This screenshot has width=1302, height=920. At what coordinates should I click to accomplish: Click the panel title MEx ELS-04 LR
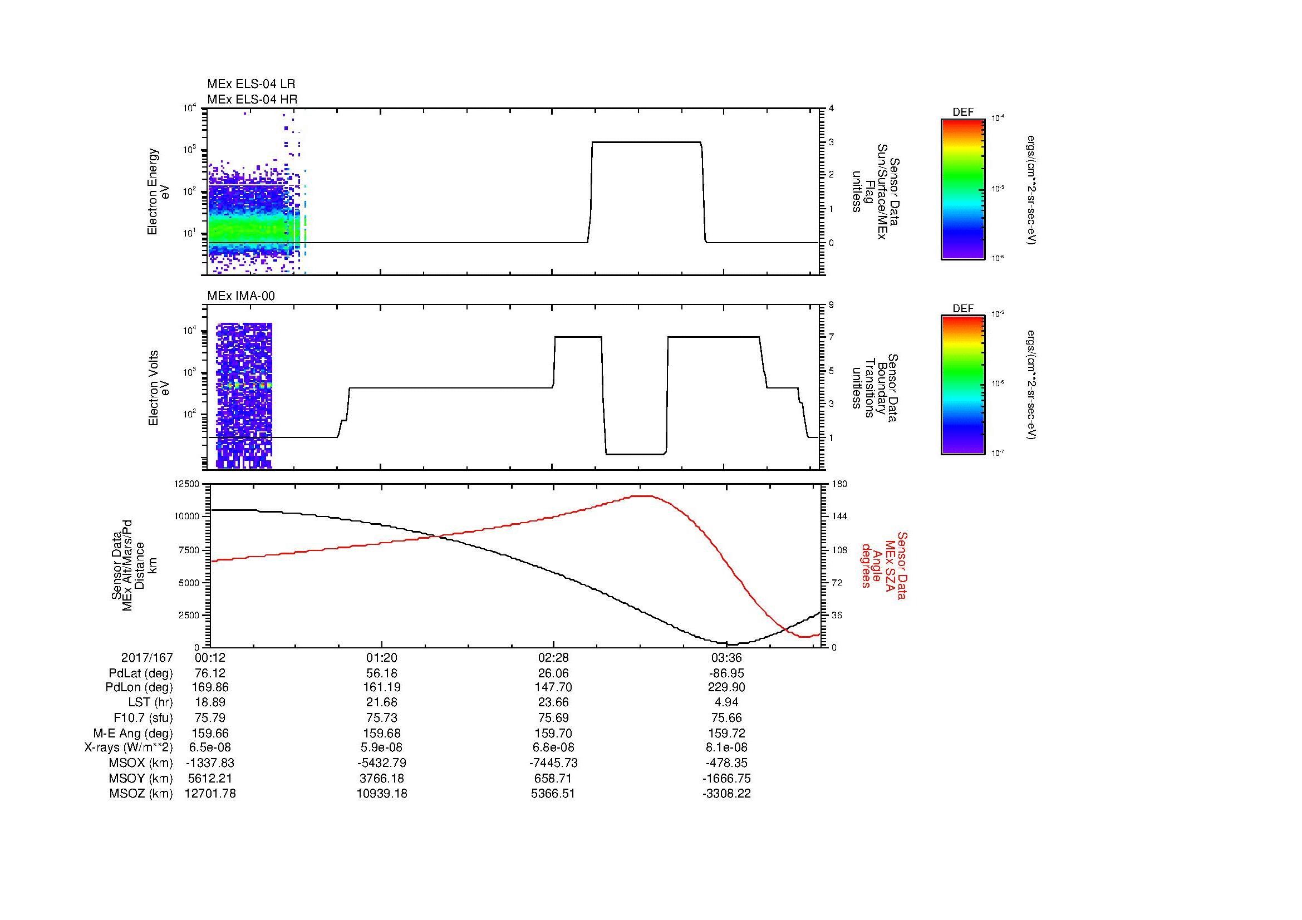point(251,84)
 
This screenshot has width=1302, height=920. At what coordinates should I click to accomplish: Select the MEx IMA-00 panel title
point(241,296)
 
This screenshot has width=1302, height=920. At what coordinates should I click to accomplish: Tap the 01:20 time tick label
point(382,658)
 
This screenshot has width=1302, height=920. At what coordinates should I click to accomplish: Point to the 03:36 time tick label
point(726,658)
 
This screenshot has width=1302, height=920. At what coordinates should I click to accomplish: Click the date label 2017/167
point(147,658)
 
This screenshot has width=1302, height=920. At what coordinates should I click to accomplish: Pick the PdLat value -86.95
point(726,673)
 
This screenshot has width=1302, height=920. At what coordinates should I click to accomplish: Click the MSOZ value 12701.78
point(210,794)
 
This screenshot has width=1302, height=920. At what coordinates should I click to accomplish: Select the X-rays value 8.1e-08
point(726,748)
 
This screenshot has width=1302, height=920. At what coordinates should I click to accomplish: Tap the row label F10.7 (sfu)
point(143,718)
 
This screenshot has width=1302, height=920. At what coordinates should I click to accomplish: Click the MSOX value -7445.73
point(553,763)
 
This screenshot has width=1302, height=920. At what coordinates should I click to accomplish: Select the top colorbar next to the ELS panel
point(963,189)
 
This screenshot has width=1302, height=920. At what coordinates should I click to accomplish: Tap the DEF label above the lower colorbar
point(963,309)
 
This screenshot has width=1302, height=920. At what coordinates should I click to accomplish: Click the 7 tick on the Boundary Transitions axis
point(831,337)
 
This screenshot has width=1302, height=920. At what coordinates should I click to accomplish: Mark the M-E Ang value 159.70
point(553,734)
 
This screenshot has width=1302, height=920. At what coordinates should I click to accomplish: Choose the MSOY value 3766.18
point(382,778)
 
